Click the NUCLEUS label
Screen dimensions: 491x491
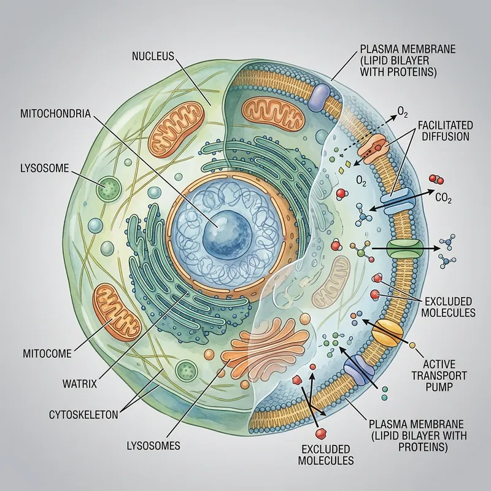(x=153, y=56)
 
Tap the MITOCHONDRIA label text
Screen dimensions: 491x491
(x=56, y=114)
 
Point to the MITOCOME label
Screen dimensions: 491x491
(x=47, y=353)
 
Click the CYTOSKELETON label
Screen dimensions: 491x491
(x=83, y=415)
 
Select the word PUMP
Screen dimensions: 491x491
(x=443, y=387)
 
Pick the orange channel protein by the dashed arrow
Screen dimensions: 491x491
(x=379, y=148)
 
